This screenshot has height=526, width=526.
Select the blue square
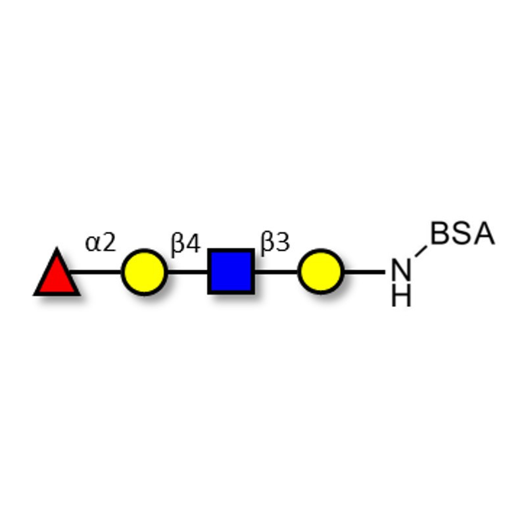click(231, 272)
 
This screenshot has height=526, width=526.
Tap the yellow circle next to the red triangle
click(144, 272)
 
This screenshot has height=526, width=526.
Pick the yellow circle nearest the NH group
click(321, 272)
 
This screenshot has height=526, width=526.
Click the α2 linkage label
click(101, 243)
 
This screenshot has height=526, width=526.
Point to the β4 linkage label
click(186, 244)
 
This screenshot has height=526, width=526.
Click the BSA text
click(463, 233)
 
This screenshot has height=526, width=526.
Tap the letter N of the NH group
click(401, 270)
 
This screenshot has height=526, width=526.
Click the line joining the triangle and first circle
click(95, 272)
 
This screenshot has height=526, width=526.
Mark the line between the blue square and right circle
click(276, 272)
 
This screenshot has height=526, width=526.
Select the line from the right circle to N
click(365, 272)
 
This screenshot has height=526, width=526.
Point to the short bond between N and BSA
click(421, 251)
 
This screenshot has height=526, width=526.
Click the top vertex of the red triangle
click(57, 248)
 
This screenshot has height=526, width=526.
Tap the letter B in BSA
click(440, 233)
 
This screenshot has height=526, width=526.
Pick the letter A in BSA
click(484, 233)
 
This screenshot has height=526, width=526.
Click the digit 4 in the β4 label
click(193, 243)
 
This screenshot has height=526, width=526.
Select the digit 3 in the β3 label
click(283, 242)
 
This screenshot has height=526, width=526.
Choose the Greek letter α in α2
click(93, 244)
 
